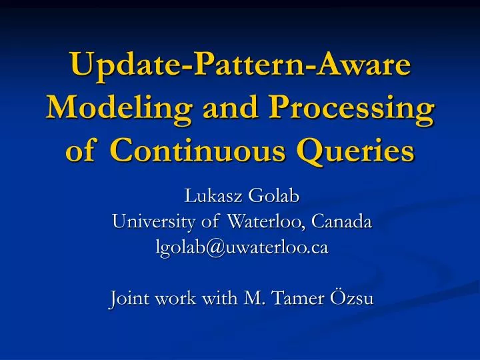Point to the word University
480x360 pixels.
pos(149,222)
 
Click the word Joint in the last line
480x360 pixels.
pos(128,298)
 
